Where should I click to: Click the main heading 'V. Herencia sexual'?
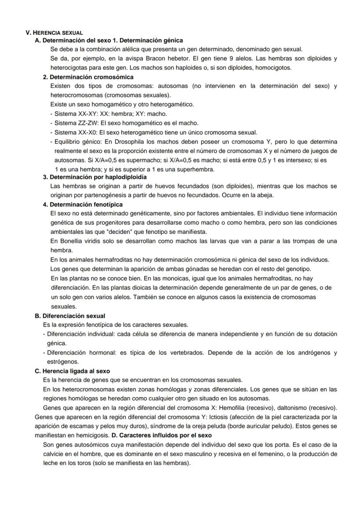tap(55, 33)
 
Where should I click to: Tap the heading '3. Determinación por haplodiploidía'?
tap(95, 177)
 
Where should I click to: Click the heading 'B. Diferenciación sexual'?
tap(70, 316)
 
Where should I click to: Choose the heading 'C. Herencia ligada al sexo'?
tap(72, 371)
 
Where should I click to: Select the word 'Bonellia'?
tap(68, 241)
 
